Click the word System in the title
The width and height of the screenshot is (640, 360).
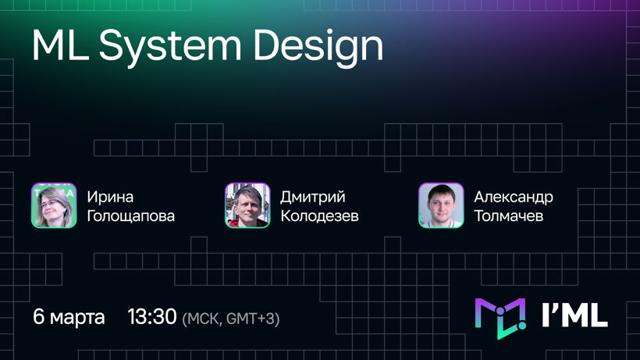click(171, 47)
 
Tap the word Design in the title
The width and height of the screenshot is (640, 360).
click(318, 47)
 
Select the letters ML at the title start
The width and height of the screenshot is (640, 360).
click(60, 45)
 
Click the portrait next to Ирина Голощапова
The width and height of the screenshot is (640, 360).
click(54, 205)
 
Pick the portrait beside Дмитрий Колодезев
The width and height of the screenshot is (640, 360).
click(247, 205)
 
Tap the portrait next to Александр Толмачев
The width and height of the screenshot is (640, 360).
click(441, 205)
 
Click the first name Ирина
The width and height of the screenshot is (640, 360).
click(110, 197)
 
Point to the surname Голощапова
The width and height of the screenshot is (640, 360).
click(131, 216)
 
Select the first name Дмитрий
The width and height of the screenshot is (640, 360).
click(313, 197)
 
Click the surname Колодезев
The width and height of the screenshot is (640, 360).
click(319, 216)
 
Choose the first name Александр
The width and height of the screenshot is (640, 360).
click(514, 197)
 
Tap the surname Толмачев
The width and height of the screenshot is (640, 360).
click(509, 216)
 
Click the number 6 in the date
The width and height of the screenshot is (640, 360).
click(39, 316)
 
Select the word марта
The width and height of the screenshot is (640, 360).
click(77, 318)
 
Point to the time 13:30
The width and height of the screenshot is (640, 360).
click(152, 316)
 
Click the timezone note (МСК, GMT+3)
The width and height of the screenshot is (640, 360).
click(231, 319)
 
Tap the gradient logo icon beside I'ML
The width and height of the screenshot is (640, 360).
click(500, 319)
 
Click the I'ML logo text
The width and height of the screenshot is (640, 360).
click(575, 315)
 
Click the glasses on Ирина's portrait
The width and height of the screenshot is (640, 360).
click(49, 203)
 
